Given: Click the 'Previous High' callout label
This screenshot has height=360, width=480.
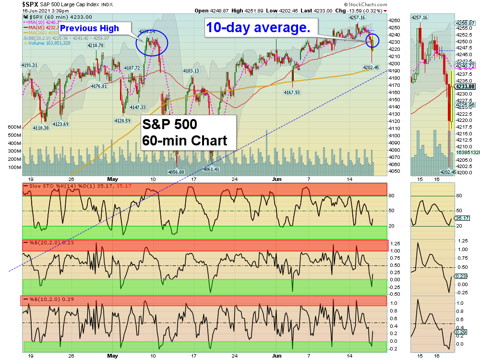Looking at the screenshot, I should (89, 28).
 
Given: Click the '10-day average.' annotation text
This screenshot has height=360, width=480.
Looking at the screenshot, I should (258, 28).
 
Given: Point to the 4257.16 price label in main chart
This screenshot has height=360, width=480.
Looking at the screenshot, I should (357, 18).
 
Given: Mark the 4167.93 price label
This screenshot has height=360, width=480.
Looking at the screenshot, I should (291, 92).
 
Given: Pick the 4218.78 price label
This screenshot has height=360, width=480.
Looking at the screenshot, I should (96, 46).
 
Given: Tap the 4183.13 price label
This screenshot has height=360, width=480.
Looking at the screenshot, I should (191, 71).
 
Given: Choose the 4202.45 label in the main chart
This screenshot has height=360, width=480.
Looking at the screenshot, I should (371, 67).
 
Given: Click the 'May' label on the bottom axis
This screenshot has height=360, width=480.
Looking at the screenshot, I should (113, 356).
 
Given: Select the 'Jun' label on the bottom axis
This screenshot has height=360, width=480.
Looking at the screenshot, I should (276, 356).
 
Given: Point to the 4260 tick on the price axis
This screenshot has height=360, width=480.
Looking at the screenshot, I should (394, 20).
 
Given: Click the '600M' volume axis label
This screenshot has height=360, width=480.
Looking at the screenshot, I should (14, 127).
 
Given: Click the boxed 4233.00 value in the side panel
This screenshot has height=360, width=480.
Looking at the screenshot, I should (465, 86).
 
